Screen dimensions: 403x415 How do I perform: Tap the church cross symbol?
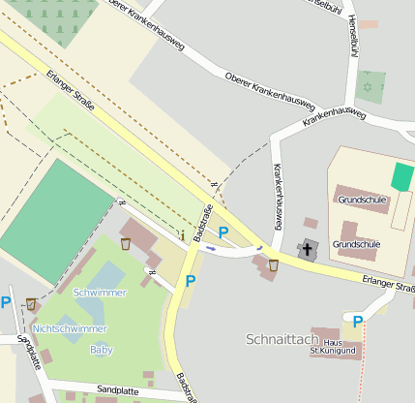point(308,249)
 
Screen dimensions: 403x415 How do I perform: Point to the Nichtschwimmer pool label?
point(70,328)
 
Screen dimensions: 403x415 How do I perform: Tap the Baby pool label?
point(101,349)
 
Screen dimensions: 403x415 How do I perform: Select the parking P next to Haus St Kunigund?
point(357,322)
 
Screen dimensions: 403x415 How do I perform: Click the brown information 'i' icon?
point(182,234)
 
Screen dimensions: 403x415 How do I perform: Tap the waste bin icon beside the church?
point(274,264)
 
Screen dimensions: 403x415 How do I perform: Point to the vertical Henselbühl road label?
point(351,39)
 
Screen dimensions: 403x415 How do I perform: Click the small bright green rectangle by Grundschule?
point(401,176)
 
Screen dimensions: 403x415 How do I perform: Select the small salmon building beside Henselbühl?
point(371,23)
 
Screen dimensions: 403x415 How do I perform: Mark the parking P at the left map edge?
point(5,302)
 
